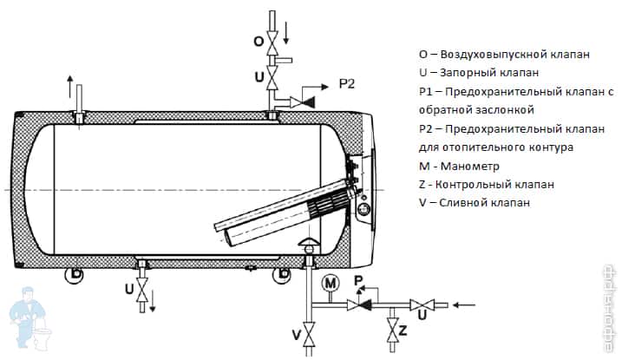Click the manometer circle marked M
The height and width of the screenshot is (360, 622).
tap(331, 283)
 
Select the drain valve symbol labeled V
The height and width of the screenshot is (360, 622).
tap(309, 335)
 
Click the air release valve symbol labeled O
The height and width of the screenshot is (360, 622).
tap(272, 43)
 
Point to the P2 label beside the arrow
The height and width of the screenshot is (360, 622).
tap(347, 84)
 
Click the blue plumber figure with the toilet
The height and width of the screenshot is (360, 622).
tap(30, 319)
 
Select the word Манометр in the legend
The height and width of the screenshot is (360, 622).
tap(469, 167)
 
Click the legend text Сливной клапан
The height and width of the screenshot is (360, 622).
tap(484, 203)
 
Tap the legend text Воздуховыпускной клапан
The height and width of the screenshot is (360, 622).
tap(515, 55)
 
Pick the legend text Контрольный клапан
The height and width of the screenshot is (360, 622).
tap(494, 185)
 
